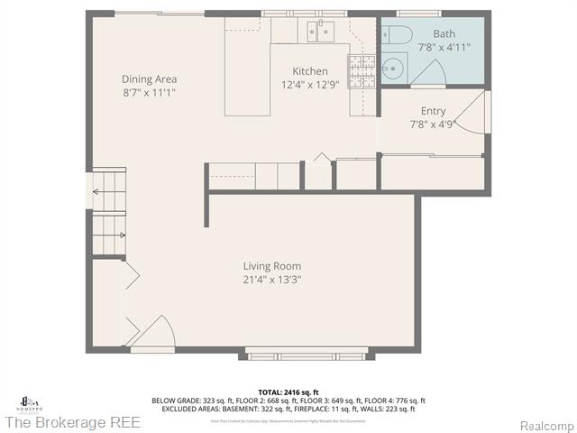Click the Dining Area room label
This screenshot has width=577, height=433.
point(149,78)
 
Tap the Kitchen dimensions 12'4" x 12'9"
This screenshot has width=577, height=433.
point(310,85)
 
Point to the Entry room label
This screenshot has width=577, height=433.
point(427,111)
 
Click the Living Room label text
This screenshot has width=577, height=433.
point(271,266)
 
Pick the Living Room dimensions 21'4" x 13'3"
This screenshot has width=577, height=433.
point(271,280)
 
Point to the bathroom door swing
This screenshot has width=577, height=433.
point(429,72)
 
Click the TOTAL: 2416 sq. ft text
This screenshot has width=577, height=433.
point(288,392)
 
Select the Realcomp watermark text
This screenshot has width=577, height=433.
point(544,424)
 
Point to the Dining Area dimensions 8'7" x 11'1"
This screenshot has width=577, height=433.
point(149,92)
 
